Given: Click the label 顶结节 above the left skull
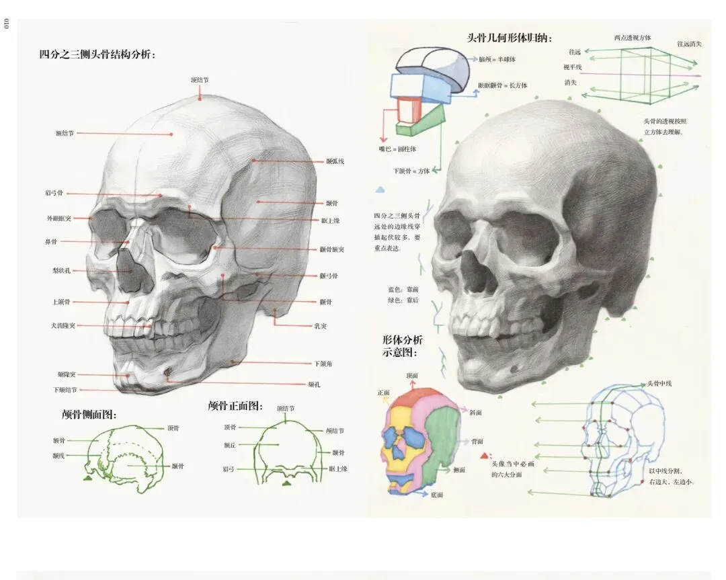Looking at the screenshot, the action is click(200, 80).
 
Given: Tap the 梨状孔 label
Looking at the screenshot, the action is click(61, 271).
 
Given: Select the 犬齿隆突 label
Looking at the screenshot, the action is click(63, 326).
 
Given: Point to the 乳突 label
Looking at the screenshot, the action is click(321, 326).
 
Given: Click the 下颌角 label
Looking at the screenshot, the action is click(323, 364).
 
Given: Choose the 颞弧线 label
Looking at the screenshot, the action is click(335, 161).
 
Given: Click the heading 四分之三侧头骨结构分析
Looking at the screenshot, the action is click(97, 54).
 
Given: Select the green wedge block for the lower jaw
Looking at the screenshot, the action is click(421, 123).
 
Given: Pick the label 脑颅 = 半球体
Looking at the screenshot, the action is click(497, 59).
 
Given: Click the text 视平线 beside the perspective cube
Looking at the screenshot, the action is click(573, 67).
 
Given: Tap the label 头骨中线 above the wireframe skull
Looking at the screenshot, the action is click(659, 384).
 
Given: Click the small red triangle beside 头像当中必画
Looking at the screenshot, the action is click(484, 456).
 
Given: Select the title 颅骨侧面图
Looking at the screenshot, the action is click(89, 415).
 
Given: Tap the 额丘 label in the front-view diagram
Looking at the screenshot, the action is click(230, 445).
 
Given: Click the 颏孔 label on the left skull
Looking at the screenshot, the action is click(314, 384).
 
